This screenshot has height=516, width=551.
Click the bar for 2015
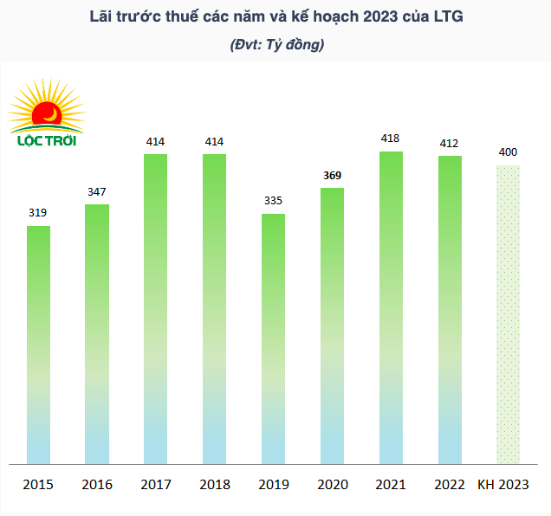[38, 345]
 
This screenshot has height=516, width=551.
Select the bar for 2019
[273, 339]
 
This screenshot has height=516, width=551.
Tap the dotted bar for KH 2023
[508, 314]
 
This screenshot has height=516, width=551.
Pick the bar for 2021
[391, 307]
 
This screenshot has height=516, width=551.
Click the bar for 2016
[97, 334]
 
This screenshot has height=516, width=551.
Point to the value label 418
[391, 139]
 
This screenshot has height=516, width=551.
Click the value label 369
[332, 175]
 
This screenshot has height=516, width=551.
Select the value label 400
[508, 152]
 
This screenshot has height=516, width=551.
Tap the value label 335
[273, 201]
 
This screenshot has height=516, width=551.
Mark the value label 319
[38, 212]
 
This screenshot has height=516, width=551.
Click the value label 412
[449, 143]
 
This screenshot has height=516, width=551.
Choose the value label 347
[97, 190]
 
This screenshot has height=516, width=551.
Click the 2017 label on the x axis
[156, 485]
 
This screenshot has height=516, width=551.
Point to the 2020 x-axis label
[332, 485]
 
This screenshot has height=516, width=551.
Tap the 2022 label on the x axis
[449, 485]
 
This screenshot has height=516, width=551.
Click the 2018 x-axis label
[214, 485]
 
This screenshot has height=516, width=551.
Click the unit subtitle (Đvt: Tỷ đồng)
[276, 44]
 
